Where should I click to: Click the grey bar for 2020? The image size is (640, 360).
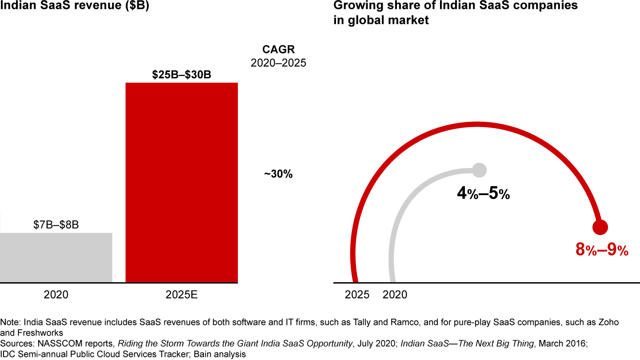coord(56,257)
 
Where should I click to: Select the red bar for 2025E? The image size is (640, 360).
coord(181,182)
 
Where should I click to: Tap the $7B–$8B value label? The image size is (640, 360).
coord(56,225)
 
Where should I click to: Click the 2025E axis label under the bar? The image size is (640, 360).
coord(181,295)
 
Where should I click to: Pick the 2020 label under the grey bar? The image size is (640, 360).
coord(56,295)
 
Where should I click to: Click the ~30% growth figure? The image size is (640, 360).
coord(279,174)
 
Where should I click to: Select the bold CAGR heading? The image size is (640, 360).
coord(279,49)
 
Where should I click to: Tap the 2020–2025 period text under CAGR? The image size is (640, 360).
coord(279,63)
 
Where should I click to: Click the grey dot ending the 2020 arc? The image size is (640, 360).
coord(480,169)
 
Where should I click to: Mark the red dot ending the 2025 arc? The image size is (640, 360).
coord(600,227)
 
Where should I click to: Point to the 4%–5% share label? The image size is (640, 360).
coord(483,194)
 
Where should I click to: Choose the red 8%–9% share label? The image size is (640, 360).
coord(602,250)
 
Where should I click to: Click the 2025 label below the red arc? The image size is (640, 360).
coord(357,295)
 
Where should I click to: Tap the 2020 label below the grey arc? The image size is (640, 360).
coord(395,295)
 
